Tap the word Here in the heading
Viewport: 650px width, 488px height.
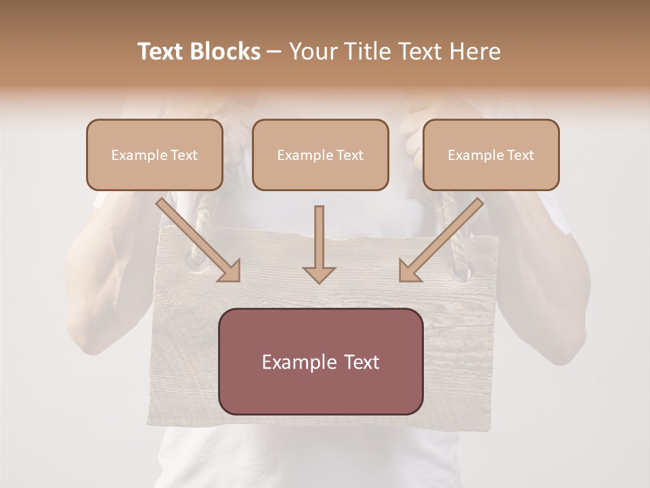tap(475, 52)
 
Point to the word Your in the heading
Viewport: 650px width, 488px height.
tap(311, 52)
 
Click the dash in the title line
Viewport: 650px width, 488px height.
tap(274, 52)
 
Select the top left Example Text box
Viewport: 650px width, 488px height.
tap(154, 155)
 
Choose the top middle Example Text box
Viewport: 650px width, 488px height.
tap(320, 155)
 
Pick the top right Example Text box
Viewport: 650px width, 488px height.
tap(491, 155)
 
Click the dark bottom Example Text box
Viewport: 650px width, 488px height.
tap(321, 361)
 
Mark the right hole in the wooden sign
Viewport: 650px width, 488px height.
tap(460, 273)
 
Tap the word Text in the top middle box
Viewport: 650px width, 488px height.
tap(350, 155)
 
